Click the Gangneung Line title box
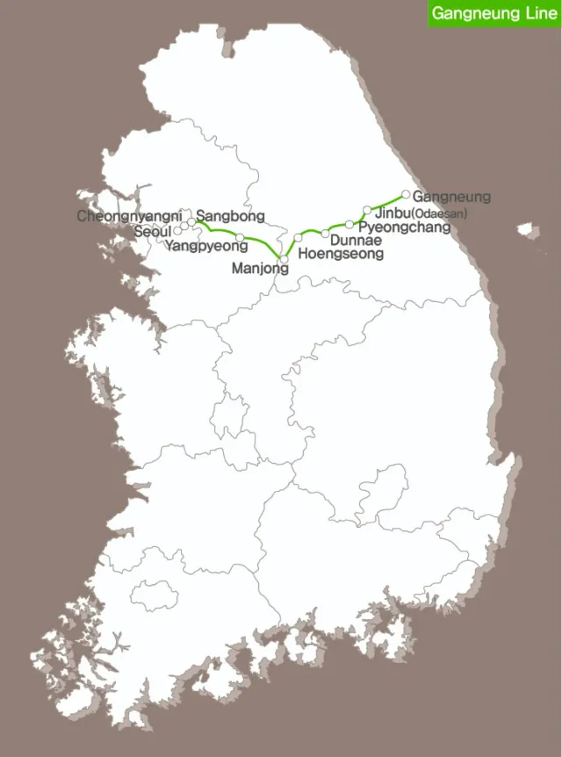coord(494,13)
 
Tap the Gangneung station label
coord(451,197)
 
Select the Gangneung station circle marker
coord(406,194)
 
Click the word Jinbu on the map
coord(392,213)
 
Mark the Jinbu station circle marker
coord(367,210)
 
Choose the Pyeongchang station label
coord(405,227)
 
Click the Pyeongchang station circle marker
coord(349,225)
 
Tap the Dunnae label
coord(356,240)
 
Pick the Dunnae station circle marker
coord(325,233)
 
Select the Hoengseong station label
coord(342,254)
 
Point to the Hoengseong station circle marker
coord(298,238)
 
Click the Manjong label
coord(260,269)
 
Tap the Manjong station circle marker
coord(284,258)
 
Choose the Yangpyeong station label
coord(206,246)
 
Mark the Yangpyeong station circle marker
coord(240,237)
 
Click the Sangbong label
coord(225,215)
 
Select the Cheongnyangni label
coord(129,216)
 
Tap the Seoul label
coord(154,231)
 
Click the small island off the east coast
coord(527,232)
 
